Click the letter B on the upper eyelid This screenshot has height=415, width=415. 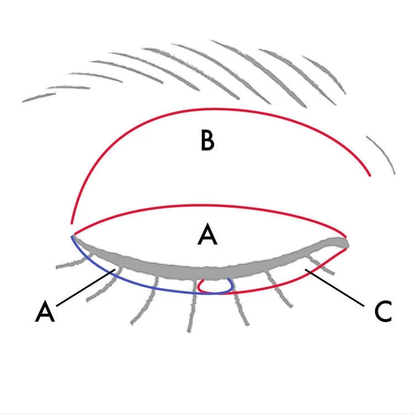click(207, 141)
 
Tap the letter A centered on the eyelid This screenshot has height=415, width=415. click(207, 234)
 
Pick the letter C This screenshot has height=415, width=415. click(383, 311)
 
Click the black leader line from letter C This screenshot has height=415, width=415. click(335, 288)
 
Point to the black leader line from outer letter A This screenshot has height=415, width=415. click(86, 288)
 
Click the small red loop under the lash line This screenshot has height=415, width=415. click(214, 287)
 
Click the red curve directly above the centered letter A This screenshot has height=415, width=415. click(209, 205)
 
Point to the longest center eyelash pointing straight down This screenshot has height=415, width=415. click(192, 305)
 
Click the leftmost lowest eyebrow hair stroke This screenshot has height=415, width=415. click(39, 97)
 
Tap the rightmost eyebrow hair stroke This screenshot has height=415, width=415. click(324, 74)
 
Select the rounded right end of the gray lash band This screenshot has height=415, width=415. click(345, 243)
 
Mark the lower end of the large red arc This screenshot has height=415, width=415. click(71, 224)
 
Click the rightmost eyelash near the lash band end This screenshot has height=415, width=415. click(321, 264)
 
